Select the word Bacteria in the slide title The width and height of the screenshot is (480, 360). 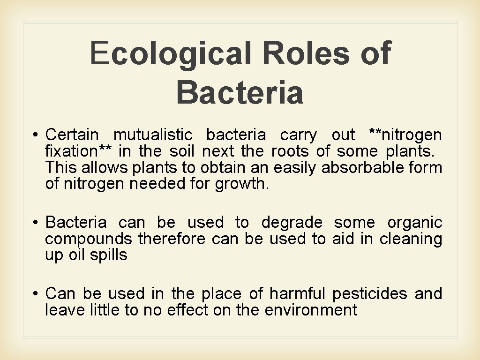[x=240, y=92]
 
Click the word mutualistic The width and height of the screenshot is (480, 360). [x=153, y=135]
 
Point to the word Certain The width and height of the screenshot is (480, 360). [x=72, y=135]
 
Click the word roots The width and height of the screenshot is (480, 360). [x=291, y=151]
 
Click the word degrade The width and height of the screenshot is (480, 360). [x=292, y=222]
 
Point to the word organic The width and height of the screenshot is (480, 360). [x=415, y=222]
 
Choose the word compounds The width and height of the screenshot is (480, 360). [x=89, y=239]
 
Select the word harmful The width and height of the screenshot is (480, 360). [x=297, y=293]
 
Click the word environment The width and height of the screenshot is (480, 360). [x=311, y=310]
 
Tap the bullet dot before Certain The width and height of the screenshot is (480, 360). [x=36, y=135]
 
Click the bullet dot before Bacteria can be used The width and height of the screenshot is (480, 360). [x=36, y=223]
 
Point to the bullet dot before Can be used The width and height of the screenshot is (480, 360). [x=36, y=294]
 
